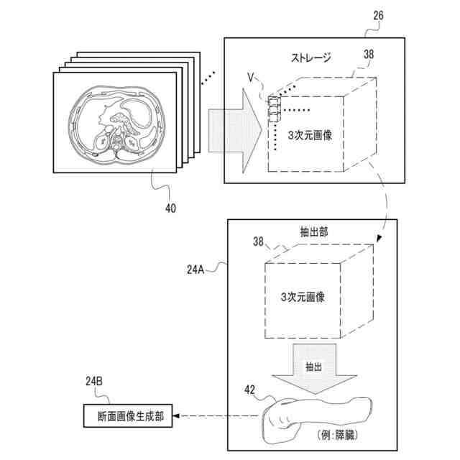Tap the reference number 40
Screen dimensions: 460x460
pos(170,208)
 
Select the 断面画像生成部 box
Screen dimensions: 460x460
pos(126,416)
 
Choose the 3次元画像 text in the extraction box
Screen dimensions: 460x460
pos(302,297)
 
